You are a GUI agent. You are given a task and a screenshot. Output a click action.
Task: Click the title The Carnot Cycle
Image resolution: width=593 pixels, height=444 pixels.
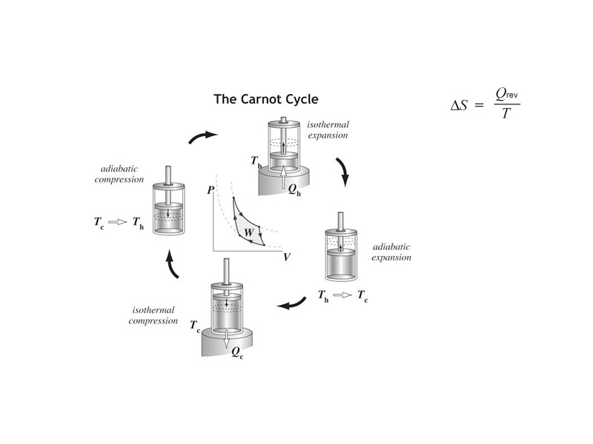[266, 98]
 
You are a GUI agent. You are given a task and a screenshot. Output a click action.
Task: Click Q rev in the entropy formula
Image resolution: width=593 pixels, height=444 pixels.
[507, 94]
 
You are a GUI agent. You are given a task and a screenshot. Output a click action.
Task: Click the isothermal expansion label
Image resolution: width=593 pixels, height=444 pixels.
[329, 129]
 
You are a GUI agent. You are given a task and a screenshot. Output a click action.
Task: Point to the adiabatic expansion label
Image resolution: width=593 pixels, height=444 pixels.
[391, 252]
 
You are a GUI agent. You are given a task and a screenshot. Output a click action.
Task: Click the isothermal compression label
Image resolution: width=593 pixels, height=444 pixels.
[154, 315]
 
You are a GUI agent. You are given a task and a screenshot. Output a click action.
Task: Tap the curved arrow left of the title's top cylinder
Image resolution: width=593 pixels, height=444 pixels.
[202, 136]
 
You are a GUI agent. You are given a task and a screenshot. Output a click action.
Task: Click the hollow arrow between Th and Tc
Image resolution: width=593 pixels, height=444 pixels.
[342, 295]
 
